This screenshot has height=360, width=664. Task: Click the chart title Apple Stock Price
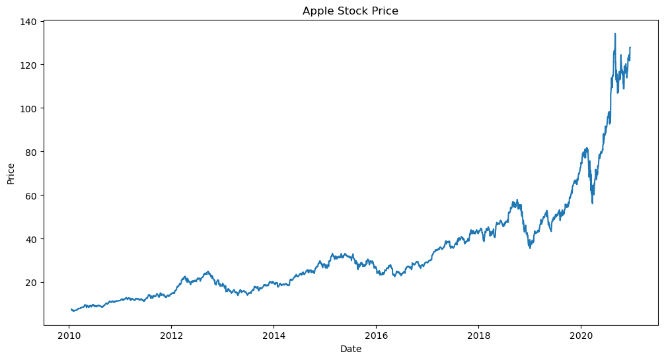point(350,11)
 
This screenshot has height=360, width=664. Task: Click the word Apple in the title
point(316,11)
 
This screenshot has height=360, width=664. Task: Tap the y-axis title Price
point(11,173)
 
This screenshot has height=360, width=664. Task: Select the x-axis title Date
point(351,349)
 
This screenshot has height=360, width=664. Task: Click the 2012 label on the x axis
point(171,336)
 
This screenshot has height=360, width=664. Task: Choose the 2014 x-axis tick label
point(274,336)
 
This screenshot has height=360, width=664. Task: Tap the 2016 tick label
point(376,336)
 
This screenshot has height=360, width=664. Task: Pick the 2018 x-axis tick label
point(478,336)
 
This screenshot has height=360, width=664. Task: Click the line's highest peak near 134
point(615,34)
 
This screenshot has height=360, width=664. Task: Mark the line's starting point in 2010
point(71,309)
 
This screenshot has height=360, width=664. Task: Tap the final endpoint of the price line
point(630,48)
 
